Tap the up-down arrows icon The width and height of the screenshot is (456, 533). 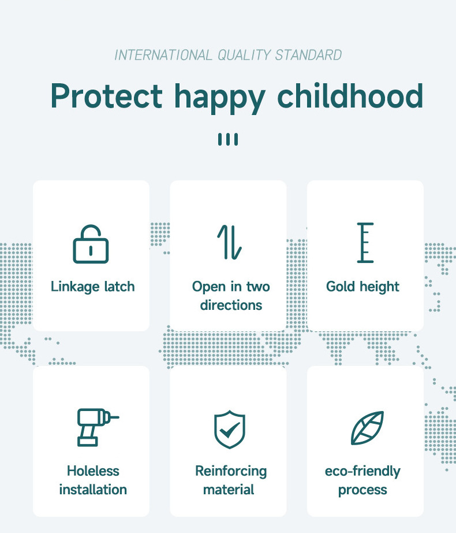click(229, 242)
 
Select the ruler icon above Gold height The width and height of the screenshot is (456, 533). click(365, 242)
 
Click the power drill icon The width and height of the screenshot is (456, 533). click(98, 427)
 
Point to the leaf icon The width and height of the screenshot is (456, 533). click(367, 428)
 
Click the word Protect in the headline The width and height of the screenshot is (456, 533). click(107, 96)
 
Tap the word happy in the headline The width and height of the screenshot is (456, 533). click(219, 98)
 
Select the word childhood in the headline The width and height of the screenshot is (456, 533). click(350, 95)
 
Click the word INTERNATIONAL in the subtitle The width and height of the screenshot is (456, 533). click(163, 55)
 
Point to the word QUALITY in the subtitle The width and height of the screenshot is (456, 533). click(244, 55)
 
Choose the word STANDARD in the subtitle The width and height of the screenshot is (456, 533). click(308, 55)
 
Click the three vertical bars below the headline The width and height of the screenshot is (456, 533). click(228, 139)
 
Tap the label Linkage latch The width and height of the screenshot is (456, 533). click(92, 287)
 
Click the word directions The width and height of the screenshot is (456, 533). click(231, 305)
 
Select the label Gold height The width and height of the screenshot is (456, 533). click(362, 287)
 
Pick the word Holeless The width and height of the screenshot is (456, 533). click(93, 471)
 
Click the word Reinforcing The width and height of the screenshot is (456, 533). click(231, 472)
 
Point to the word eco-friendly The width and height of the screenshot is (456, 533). click(362, 472)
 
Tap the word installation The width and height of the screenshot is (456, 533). click(93, 490)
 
